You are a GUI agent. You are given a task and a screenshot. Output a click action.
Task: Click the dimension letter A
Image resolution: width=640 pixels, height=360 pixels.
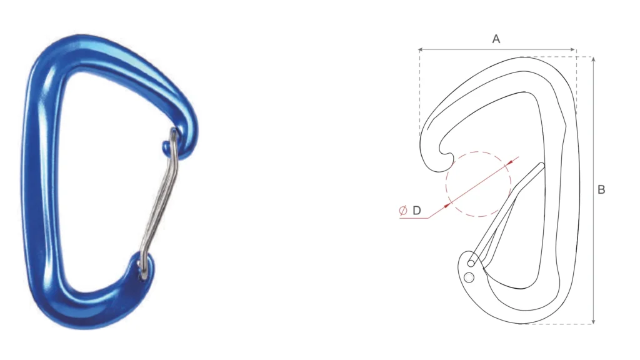click(x=496, y=39)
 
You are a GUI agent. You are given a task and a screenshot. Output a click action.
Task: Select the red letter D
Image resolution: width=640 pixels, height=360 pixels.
click(x=417, y=211)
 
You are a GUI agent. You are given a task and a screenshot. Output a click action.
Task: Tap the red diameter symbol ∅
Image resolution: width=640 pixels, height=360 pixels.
click(x=403, y=211)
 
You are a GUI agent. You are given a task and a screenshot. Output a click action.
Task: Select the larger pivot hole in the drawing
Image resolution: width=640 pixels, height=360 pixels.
click(x=469, y=277)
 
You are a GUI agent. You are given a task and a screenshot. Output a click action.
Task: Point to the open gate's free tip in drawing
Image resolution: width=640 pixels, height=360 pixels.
click(x=541, y=166)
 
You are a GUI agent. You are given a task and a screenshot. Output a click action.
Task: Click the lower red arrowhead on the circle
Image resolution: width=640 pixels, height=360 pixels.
click(x=447, y=204)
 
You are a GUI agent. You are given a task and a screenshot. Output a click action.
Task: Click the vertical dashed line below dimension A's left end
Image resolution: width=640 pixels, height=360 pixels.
click(x=419, y=94)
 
